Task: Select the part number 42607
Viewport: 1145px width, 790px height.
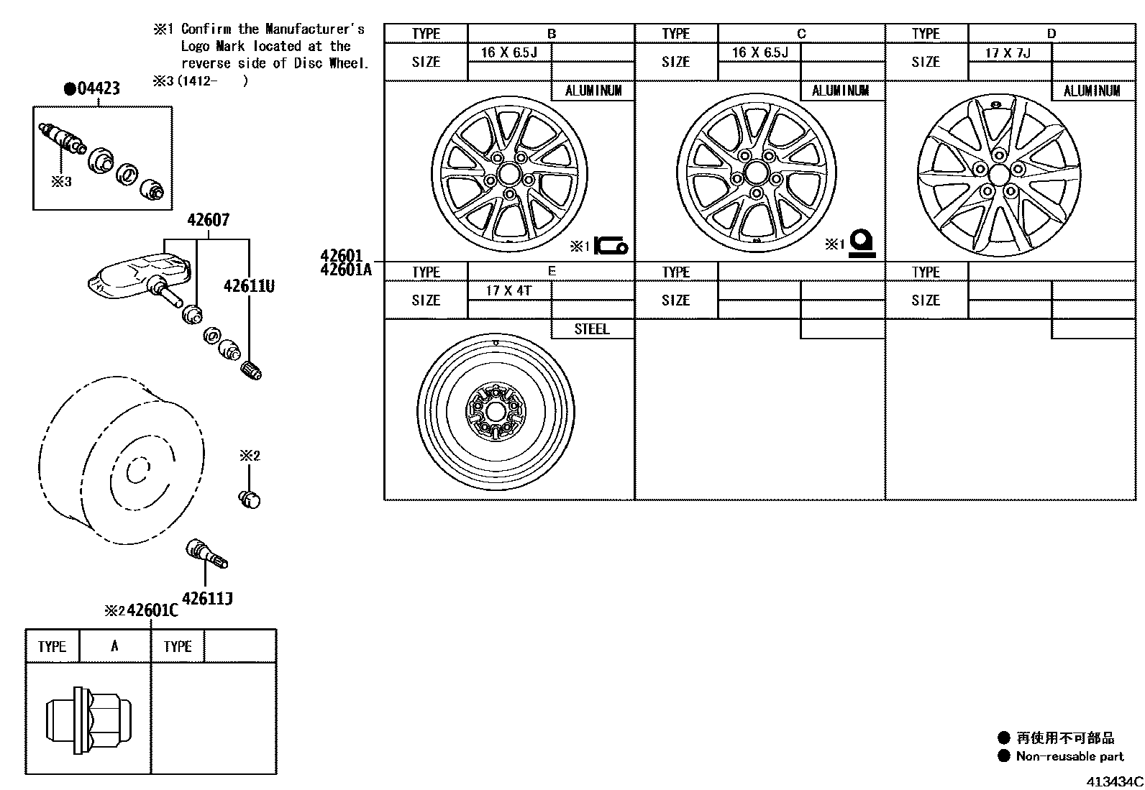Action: coord(208,220)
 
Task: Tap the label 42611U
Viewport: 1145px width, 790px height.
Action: coord(249,286)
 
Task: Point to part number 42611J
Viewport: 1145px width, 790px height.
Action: coord(207,598)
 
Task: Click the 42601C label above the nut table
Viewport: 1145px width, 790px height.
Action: coord(152,611)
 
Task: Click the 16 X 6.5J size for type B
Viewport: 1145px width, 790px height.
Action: coord(508,52)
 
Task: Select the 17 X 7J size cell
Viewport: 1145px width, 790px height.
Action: coord(1008,52)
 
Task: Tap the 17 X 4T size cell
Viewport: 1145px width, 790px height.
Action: coord(508,290)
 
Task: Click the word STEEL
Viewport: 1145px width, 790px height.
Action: coord(592,329)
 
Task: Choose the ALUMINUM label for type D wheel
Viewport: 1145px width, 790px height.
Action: coord(1092,91)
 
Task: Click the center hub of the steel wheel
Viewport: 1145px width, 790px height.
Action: coord(496,412)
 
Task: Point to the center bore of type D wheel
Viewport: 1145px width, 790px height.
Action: coord(998,175)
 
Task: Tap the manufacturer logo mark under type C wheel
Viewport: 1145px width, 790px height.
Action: coord(861,244)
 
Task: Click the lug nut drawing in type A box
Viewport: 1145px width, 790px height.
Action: coord(88,719)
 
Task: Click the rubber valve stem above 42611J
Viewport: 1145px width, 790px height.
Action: coord(206,554)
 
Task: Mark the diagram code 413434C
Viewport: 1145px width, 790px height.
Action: coord(1113,781)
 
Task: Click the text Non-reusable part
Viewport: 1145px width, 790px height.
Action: coord(1069,756)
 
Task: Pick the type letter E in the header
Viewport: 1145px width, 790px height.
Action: coord(552,271)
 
